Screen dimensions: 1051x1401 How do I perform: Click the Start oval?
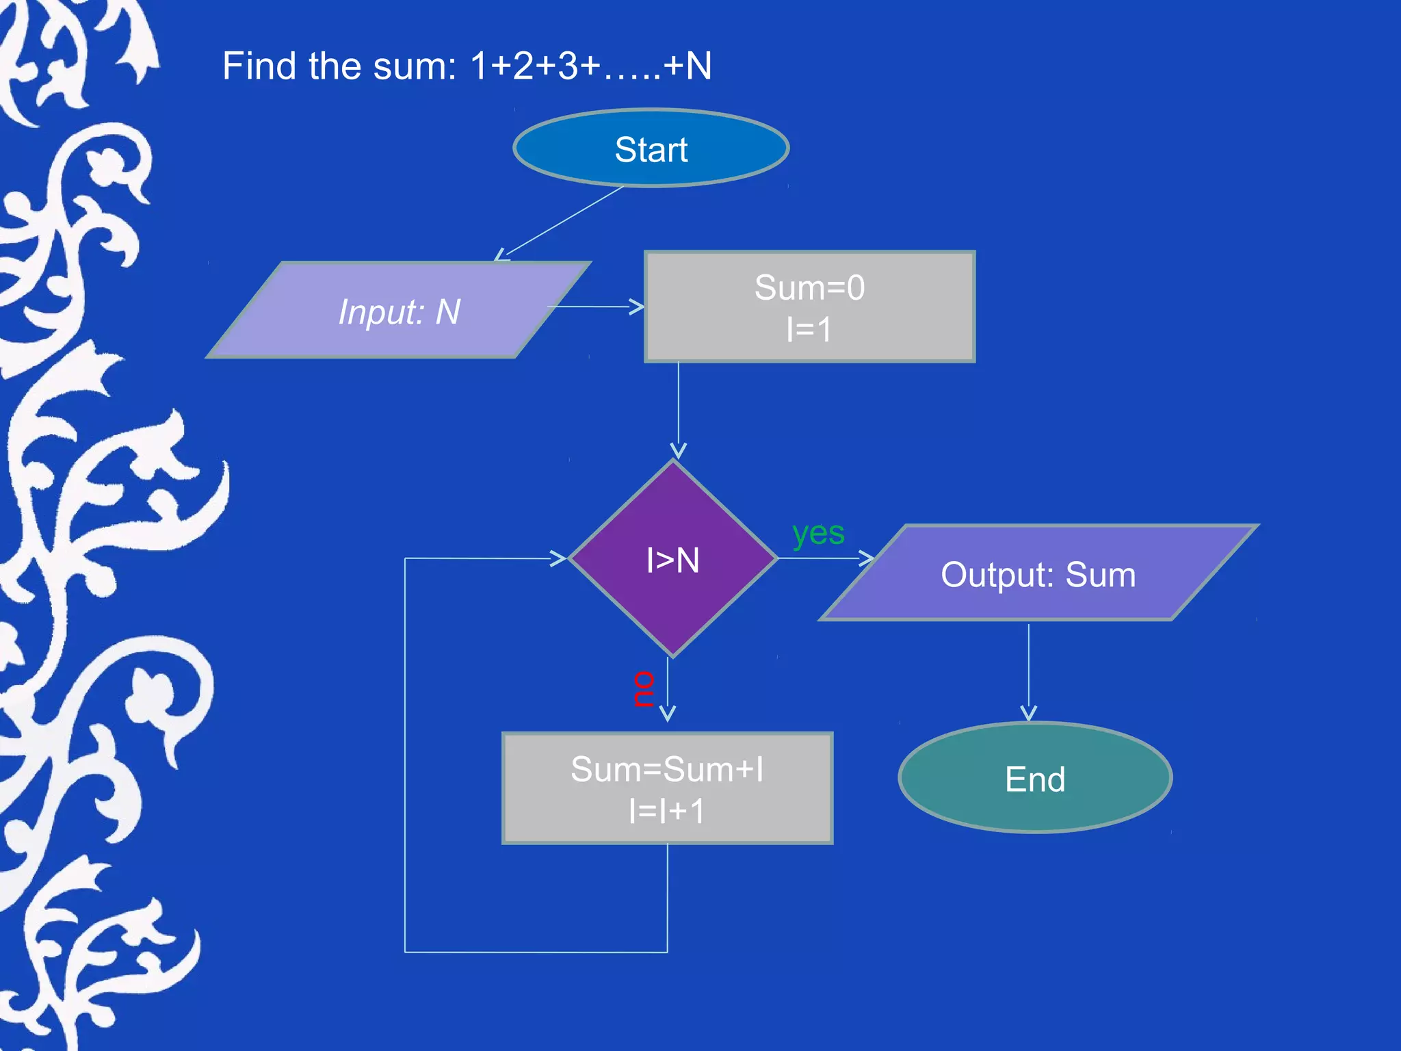(651, 148)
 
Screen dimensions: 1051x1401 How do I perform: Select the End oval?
(1035, 778)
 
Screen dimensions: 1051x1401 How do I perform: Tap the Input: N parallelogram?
(399, 311)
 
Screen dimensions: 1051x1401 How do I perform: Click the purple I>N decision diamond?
(673, 559)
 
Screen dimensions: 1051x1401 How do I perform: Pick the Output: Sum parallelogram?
(1038, 573)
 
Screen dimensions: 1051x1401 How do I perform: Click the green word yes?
(818, 533)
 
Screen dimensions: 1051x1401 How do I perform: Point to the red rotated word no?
(643, 688)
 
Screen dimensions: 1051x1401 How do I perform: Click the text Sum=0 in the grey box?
(809, 287)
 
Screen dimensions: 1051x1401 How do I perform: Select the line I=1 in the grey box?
(809, 330)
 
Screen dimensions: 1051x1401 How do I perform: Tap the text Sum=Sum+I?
(667, 769)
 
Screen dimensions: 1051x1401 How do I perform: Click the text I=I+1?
(667, 812)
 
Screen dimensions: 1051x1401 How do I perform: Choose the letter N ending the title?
(698, 66)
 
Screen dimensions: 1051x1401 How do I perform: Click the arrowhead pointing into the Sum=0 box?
(637, 307)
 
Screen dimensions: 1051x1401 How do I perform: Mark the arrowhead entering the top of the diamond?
(678, 451)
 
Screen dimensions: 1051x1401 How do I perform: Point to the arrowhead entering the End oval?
(1028, 714)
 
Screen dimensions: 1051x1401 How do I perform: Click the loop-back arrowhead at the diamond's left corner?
(559, 558)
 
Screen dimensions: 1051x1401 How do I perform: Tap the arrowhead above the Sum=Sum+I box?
(668, 714)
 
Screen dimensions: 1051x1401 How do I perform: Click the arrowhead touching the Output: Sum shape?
(867, 558)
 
